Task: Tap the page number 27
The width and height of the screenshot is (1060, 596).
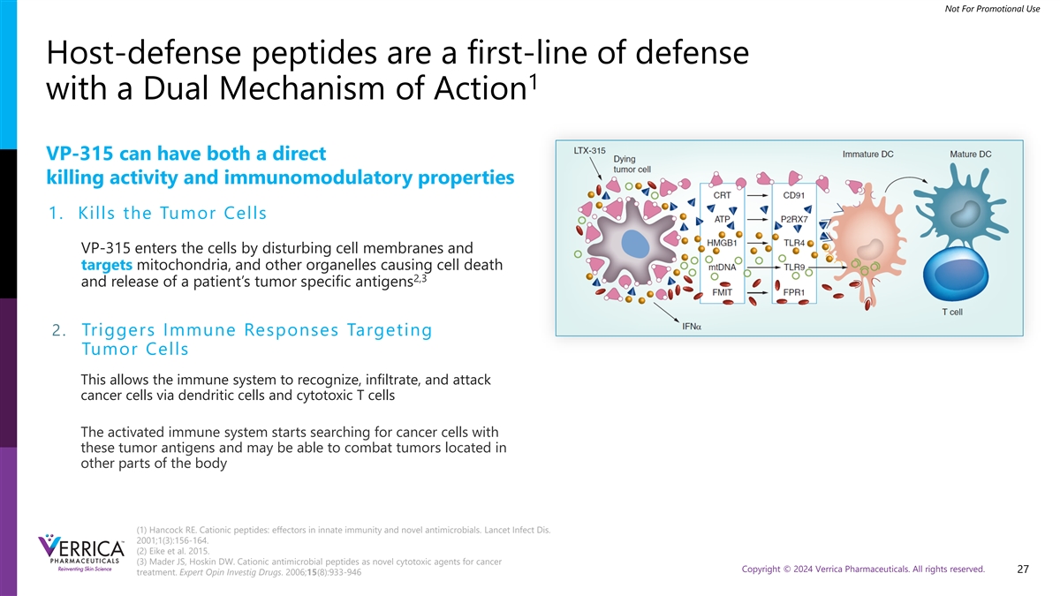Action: click(1023, 570)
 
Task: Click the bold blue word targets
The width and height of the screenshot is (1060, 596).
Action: click(107, 265)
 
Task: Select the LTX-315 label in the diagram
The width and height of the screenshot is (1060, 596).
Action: click(589, 151)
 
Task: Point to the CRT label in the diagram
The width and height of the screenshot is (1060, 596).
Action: click(723, 195)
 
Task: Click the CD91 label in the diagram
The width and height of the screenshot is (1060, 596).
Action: click(793, 195)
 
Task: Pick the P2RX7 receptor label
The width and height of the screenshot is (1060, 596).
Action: click(794, 220)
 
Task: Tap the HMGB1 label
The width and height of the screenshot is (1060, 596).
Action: click(722, 243)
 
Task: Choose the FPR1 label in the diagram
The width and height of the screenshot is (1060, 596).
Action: click(793, 292)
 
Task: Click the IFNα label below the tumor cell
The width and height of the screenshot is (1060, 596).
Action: click(692, 327)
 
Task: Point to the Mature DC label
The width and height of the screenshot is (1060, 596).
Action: click(971, 155)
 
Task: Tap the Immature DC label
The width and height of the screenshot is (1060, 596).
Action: click(867, 155)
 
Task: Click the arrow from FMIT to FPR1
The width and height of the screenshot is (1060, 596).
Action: click(758, 293)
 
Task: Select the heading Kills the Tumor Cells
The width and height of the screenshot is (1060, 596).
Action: click(172, 213)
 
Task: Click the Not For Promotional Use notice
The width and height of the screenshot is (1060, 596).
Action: click(992, 9)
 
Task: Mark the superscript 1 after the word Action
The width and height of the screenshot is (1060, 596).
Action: click(534, 81)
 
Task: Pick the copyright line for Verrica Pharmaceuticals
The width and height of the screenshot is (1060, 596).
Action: click(863, 569)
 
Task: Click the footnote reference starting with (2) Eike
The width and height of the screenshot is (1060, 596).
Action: click(173, 551)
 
